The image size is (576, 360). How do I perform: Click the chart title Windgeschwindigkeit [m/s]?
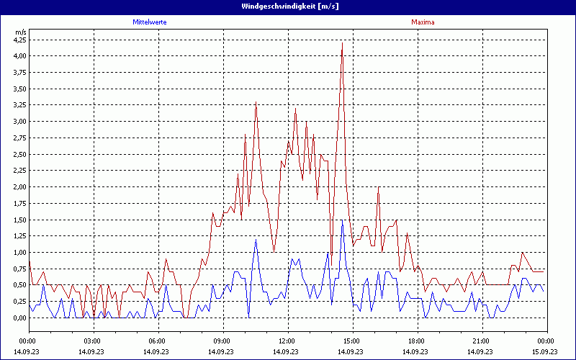(287, 6)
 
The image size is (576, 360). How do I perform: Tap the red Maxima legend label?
(423, 22)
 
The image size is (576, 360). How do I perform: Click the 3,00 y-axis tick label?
(19, 122)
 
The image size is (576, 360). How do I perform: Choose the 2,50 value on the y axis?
(19, 154)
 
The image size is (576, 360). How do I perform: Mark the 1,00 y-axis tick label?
(19, 253)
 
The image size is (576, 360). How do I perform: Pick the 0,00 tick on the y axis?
(19, 318)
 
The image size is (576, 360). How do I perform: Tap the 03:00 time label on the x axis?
(93, 341)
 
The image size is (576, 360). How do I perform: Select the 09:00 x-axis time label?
(222, 341)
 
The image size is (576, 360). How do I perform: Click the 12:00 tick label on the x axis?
(287, 341)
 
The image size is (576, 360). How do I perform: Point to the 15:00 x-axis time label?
(352, 341)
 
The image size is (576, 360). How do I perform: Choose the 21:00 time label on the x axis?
(481, 341)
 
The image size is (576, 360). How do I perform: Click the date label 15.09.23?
(546, 351)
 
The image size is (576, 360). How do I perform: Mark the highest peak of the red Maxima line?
(342, 44)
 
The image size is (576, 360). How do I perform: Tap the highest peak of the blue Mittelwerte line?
(342, 220)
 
